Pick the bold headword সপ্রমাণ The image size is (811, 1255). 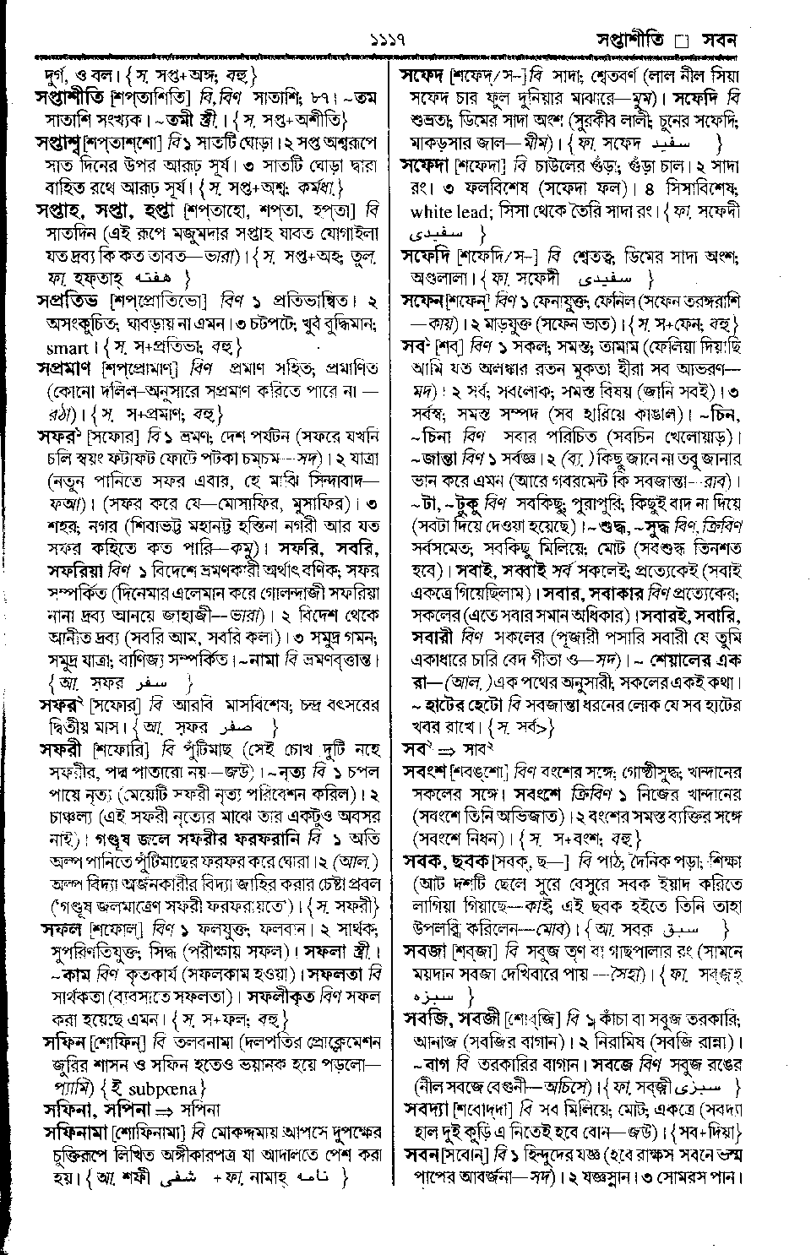[68, 368]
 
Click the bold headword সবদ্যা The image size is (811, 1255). [429, 1106]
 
